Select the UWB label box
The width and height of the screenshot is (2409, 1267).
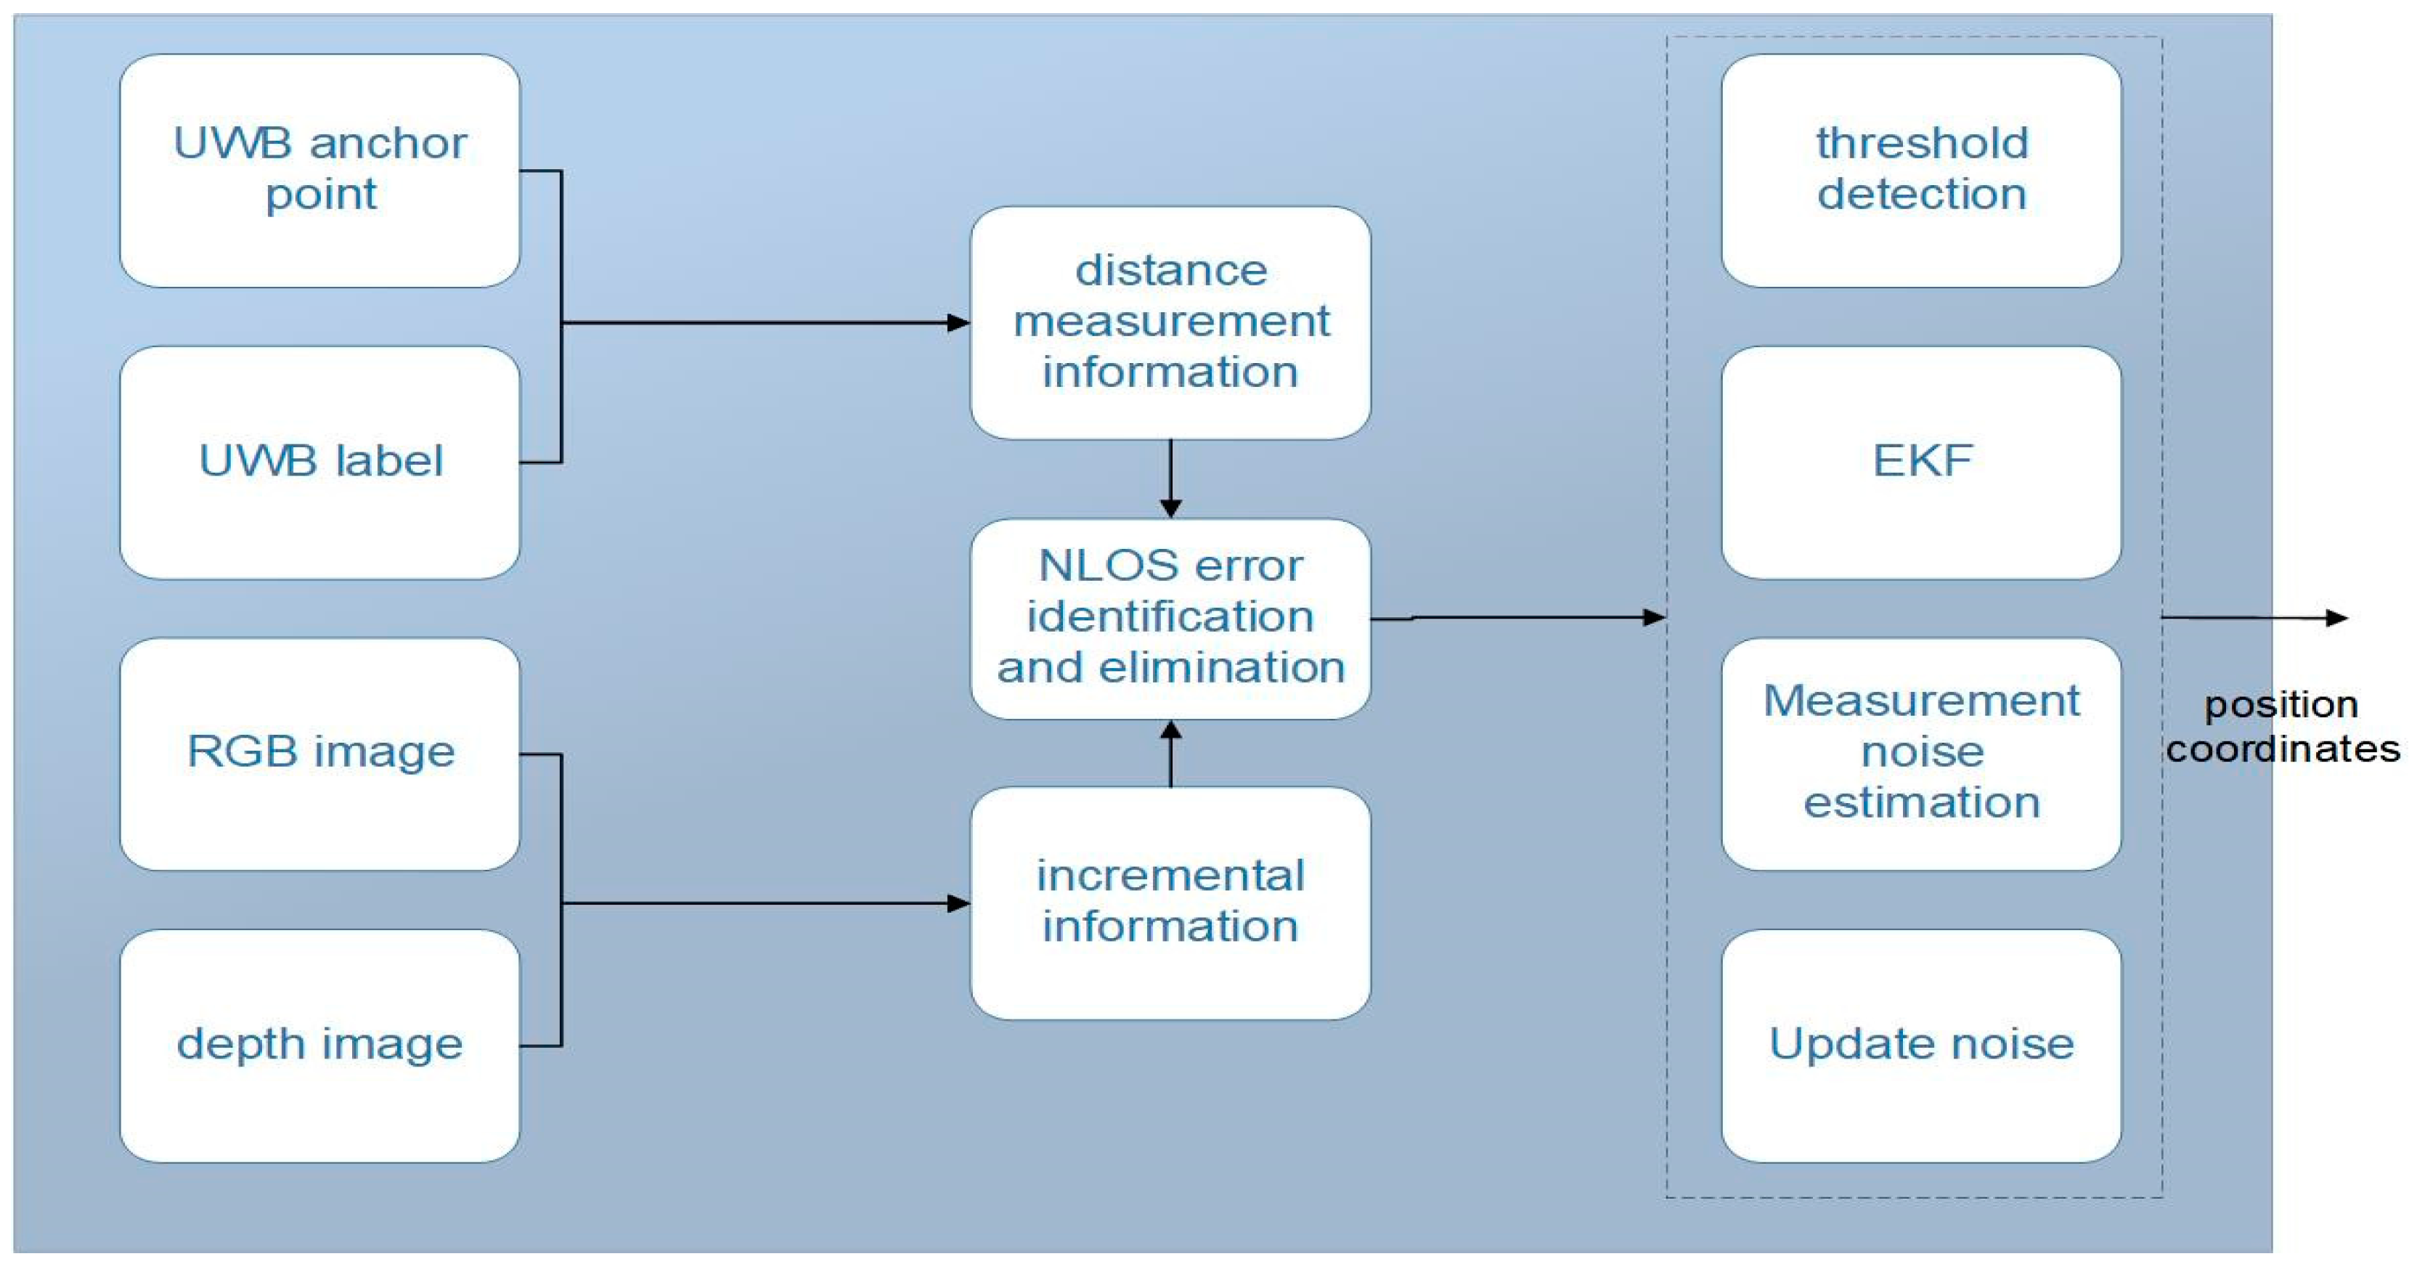pyautogui.click(x=320, y=462)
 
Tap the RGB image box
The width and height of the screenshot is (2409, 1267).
pyautogui.click(x=320, y=754)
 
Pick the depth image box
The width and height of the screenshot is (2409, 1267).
pyautogui.click(x=320, y=1046)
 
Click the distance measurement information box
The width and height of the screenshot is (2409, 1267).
pyautogui.click(x=1170, y=322)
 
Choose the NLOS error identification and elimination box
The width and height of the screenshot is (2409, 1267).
pyautogui.click(x=1170, y=618)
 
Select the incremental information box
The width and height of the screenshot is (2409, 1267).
pyautogui.click(x=1170, y=903)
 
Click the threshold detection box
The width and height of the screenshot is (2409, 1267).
pyautogui.click(x=1921, y=170)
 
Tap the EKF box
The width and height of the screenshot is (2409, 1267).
pyautogui.click(x=1921, y=462)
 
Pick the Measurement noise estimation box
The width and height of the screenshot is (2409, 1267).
pyautogui.click(x=1921, y=754)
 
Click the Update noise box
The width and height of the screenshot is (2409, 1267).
pyautogui.click(x=1921, y=1046)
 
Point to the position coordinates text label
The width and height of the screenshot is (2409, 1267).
pyautogui.click(x=2282, y=727)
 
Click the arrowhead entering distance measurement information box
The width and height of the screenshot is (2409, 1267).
pyautogui.click(x=958, y=322)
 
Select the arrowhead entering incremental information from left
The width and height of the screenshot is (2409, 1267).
pyautogui.click(x=958, y=903)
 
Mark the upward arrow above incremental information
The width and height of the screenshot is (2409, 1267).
pyautogui.click(x=1170, y=732)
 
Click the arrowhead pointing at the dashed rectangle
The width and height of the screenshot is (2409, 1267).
pyautogui.click(x=1655, y=617)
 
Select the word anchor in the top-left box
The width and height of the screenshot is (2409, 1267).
pyautogui.click(x=388, y=143)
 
